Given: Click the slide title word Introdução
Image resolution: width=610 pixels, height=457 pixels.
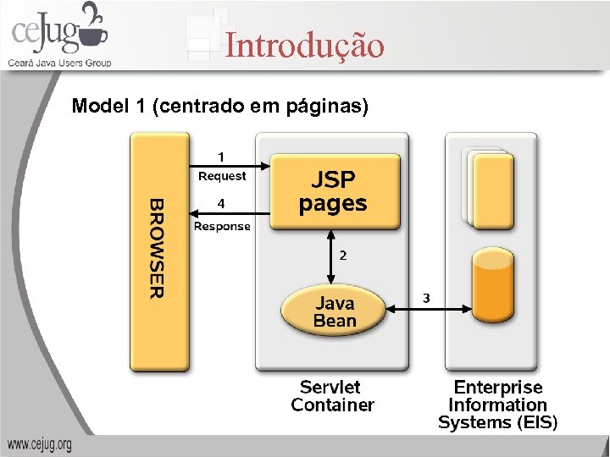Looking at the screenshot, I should click(x=304, y=45).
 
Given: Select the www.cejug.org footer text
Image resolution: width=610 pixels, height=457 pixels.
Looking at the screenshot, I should click(x=40, y=444).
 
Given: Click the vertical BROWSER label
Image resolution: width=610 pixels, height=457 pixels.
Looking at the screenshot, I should click(x=158, y=248).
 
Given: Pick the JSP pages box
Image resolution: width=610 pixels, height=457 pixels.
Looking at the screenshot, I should click(x=334, y=191).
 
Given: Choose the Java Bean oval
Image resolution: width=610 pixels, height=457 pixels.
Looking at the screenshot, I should click(x=334, y=311).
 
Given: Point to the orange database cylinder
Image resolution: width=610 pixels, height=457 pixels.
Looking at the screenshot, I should click(x=493, y=288).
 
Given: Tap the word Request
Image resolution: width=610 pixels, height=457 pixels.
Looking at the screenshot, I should click(x=222, y=176).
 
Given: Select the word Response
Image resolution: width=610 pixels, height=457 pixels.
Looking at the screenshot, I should click(x=222, y=226).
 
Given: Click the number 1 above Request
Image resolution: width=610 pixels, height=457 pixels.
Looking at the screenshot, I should click(x=221, y=157).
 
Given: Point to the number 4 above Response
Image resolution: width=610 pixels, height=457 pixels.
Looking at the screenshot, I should click(x=221, y=204).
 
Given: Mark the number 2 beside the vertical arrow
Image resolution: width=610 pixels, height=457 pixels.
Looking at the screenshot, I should click(x=342, y=254).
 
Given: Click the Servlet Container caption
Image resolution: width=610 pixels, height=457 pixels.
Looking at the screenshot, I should click(x=332, y=396).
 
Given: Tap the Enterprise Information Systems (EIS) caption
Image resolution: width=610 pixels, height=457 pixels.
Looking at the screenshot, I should click(x=497, y=405).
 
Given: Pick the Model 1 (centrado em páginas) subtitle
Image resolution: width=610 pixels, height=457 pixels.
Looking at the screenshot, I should click(x=220, y=107).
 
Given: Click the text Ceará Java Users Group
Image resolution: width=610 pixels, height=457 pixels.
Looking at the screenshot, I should click(x=59, y=63).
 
